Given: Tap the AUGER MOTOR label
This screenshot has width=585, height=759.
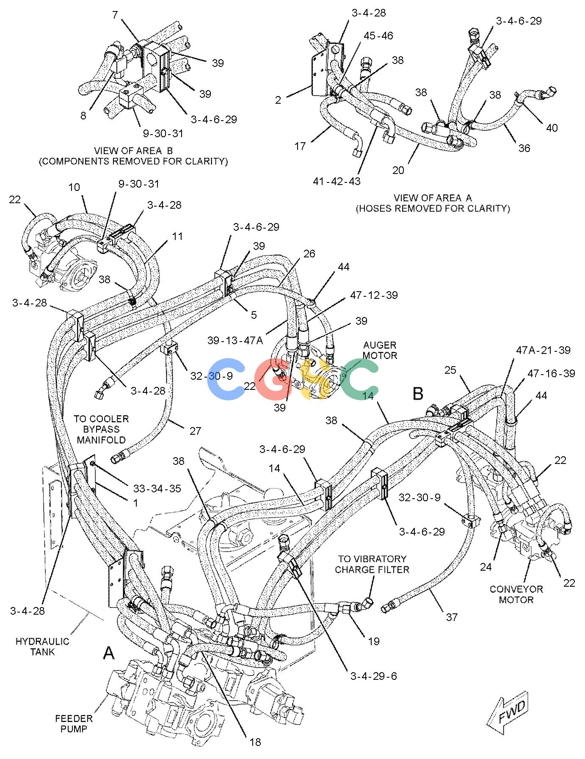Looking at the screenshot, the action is pyautogui.click(x=380, y=351).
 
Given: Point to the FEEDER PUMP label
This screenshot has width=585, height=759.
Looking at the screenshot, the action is pyautogui.click(x=74, y=723).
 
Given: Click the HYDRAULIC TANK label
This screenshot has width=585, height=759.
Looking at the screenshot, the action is pyautogui.click(x=42, y=646).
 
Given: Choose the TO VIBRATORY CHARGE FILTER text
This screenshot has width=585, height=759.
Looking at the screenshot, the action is pyautogui.click(x=372, y=564).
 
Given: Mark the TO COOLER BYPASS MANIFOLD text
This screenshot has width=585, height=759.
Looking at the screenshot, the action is pyautogui.click(x=101, y=429).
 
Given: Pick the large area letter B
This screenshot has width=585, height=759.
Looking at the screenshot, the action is pyautogui.click(x=418, y=394).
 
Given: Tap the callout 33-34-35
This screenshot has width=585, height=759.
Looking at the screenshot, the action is pyautogui.click(x=157, y=488).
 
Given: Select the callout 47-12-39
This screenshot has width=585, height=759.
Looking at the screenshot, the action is pyautogui.click(x=374, y=295).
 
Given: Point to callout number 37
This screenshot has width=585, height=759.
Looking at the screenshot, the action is pyautogui.click(x=452, y=617).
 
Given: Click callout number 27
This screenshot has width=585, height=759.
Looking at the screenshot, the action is pyautogui.click(x=195, y=431).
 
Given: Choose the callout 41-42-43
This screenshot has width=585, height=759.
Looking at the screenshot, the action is pyautogui.click(x=337, y=181).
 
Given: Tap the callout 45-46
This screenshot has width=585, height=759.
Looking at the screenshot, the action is pyautogui.click(x=378, y=36).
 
